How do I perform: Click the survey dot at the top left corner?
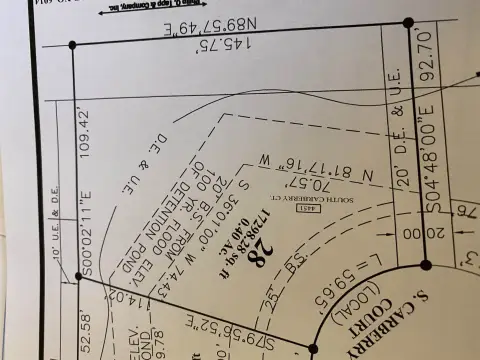[72, 44]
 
